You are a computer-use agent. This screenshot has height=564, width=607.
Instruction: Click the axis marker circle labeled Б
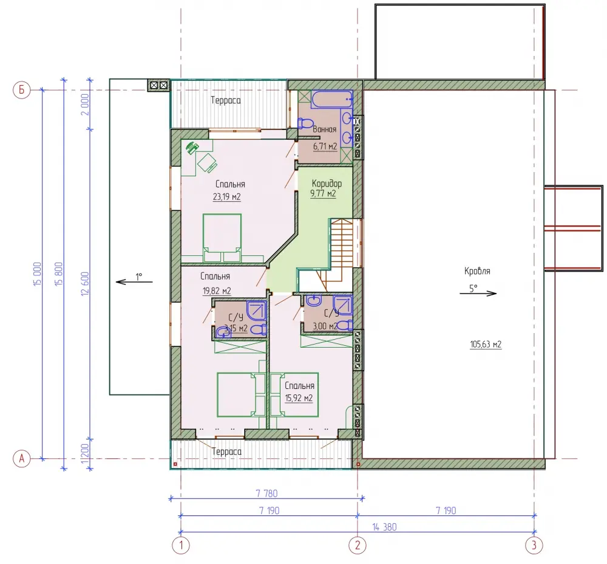coord(21,90)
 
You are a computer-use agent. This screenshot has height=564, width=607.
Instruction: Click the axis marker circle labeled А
coord(21,459)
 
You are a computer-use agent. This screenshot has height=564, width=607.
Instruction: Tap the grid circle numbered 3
coord(534,545)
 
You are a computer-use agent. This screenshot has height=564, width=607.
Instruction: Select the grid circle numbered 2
coord(357,545)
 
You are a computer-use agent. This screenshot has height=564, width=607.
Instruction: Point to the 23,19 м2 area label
coord(227,197)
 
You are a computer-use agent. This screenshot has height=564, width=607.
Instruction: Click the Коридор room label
coord(327,184)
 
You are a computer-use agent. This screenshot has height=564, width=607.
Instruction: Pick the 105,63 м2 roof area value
coord(486,344)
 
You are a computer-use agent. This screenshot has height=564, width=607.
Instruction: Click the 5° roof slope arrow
coord(478,294)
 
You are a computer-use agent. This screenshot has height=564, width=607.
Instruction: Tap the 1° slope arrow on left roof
coord(134,282)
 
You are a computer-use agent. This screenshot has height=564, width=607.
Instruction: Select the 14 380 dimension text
coord(384,527)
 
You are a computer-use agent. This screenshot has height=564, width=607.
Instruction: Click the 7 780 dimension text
coord(266,493)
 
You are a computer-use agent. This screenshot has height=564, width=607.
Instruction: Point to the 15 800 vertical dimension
coord(58,274)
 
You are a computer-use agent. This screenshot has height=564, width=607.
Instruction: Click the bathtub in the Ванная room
coord(332,99)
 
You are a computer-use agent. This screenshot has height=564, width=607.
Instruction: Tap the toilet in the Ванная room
coord(305,123)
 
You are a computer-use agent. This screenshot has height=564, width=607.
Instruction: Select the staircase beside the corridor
coord(341,250)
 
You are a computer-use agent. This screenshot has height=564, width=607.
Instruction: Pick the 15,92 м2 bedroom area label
coord(299,398)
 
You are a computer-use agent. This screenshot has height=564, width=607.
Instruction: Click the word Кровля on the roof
coord(477,271)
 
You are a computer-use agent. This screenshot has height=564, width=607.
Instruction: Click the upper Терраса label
coord(226,100)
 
